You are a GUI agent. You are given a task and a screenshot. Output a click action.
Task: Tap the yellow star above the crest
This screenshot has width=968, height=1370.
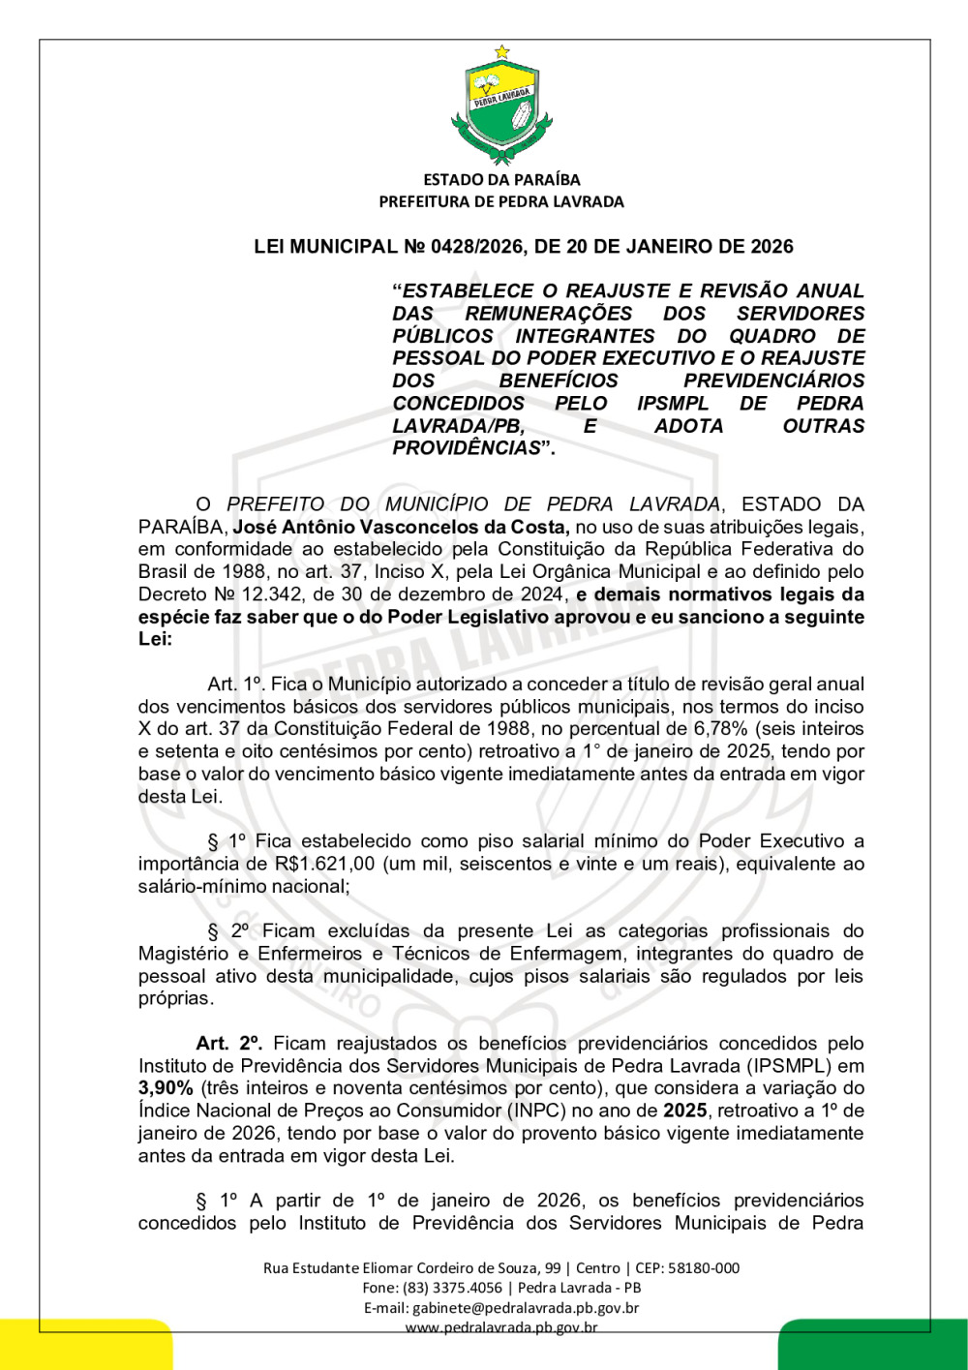point(501,51)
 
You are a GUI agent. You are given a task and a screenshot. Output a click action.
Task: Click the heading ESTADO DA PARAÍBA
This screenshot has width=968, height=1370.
point(501,180)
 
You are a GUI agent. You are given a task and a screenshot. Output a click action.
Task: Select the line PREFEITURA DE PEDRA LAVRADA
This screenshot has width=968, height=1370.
point(501,202)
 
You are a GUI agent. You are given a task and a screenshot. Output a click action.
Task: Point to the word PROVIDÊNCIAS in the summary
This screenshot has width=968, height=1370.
point(467,448)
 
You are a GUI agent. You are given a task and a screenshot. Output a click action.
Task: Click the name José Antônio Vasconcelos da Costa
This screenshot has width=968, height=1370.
point(401,528)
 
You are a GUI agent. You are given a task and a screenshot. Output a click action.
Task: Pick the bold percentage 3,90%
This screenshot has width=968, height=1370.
point(166,1088)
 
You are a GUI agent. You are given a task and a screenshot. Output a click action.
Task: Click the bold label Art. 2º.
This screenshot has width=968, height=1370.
point(229,1044)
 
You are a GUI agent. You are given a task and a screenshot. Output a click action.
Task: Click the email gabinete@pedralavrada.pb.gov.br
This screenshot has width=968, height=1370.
point(526,1308)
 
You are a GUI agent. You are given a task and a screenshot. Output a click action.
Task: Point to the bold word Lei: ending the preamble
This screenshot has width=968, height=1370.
point(155,639)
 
